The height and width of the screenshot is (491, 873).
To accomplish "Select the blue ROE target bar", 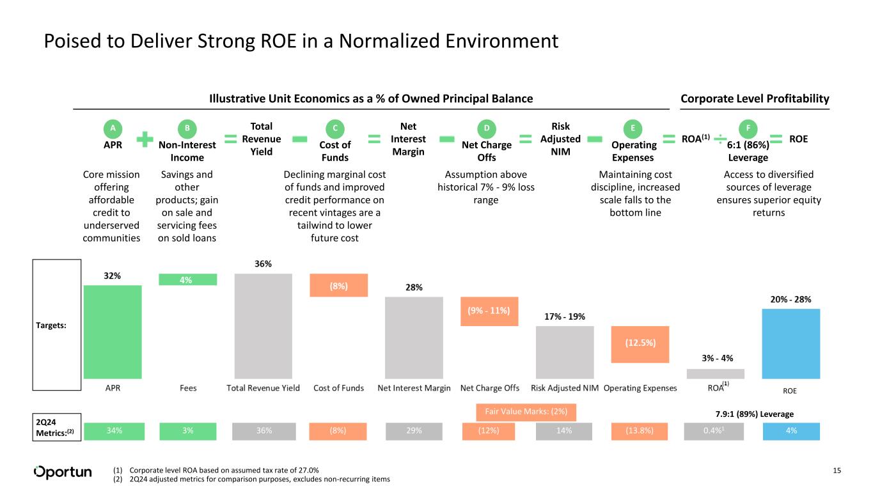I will click(x=791, y=344).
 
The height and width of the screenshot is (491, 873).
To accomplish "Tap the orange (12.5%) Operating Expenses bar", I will click(x=640, y=342).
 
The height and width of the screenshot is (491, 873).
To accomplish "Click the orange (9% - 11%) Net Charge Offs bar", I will click(x=489, y=311).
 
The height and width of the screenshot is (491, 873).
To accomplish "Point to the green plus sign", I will click(x=146, y=139).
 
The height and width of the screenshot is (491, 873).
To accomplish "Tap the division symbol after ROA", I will click(x=719, y=139).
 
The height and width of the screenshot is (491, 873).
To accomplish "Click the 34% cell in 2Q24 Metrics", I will click(x=113, y=431).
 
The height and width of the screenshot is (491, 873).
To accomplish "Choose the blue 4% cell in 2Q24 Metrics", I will click(x=791, y=431).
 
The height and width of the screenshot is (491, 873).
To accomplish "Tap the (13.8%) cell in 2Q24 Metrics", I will click(x=640, y=431).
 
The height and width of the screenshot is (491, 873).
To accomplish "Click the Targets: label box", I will click(x=57, y=325).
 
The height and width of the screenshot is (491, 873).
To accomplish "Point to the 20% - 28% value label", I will click(x=791, y=299).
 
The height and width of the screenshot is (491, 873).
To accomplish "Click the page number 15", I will click(x=837, y=471).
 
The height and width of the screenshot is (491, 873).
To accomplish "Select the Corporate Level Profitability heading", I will click(x=755, y=98).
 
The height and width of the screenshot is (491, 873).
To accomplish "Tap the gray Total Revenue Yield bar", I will click(x=263, y=326).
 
